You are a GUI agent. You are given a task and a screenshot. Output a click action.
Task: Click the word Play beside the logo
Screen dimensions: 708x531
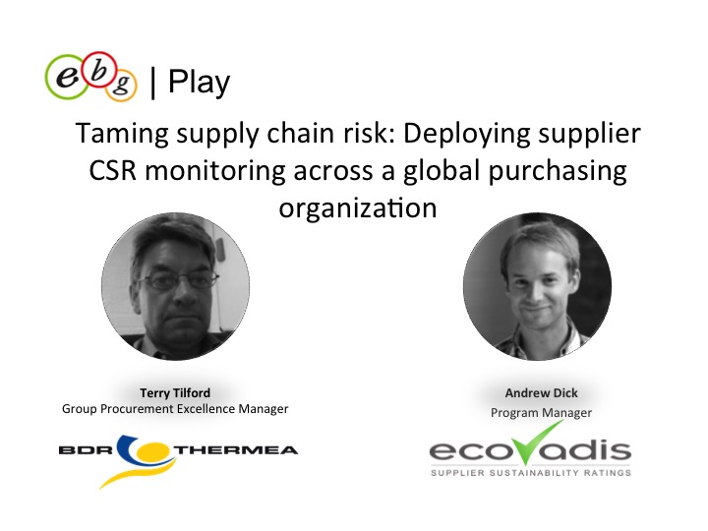199,83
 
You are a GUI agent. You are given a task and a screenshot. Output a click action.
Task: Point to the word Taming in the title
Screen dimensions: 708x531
122,133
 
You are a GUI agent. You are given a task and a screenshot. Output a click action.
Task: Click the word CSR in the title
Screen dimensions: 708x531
112,171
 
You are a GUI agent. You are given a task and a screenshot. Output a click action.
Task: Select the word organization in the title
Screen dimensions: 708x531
358,208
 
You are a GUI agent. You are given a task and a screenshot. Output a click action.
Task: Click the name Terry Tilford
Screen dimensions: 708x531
175,392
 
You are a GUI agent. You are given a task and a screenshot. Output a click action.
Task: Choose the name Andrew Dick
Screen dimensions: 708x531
542,393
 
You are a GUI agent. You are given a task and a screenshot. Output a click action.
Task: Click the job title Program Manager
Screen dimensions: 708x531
541,413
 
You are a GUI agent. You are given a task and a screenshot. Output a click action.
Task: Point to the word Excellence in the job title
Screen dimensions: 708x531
206,409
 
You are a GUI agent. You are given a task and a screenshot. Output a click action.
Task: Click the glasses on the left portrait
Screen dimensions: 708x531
178,281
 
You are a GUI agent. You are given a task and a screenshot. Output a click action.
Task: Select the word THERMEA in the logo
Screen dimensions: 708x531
236,450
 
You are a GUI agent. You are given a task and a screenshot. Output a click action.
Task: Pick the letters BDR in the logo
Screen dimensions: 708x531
86,450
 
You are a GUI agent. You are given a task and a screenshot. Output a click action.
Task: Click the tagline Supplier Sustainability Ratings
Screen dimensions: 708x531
531,473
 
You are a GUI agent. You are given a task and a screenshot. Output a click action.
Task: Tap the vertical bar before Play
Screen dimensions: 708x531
153,83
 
